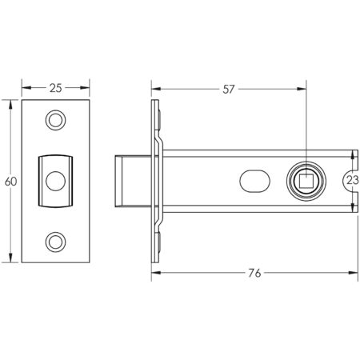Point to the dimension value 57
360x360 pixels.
228,89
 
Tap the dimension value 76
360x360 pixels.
253,274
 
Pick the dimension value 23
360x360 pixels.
352,181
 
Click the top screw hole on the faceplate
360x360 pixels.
55,119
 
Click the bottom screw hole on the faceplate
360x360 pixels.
55,239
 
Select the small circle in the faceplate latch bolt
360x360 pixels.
55,179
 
